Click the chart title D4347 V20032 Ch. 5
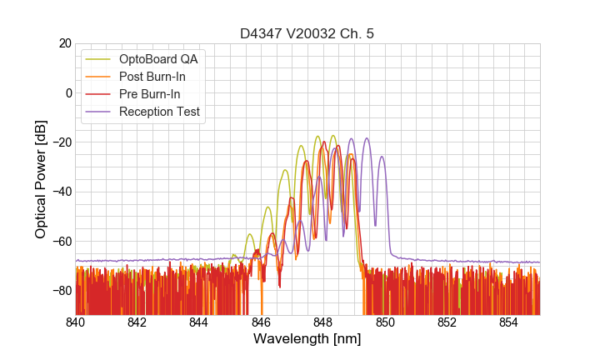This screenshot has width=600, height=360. click(x=307, y=34)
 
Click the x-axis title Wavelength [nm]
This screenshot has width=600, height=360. click(x=307, y=340)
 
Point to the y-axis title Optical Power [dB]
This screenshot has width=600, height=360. click(x=41, y=178)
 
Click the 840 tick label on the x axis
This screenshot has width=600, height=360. click(x=76, y=322)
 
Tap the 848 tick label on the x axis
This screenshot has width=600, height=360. click(x=323, y=322)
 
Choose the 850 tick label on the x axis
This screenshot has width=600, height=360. click(x=385, y=322)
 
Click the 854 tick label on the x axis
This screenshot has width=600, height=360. click(x=508, y=322)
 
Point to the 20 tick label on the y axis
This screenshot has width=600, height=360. click(x=63, y=43)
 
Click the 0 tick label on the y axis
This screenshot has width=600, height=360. click(x=67, y=92)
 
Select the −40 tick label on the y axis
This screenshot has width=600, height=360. click(x=60, y=192)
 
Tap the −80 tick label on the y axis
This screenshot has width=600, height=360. click(x=60, y=290)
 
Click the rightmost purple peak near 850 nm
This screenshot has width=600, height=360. click(x=382, y=157)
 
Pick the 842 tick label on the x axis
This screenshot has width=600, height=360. click(x=137, y=322)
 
